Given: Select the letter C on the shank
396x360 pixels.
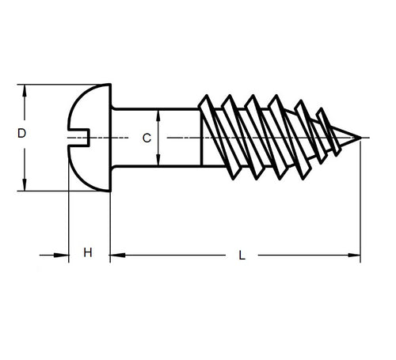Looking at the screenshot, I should coord(146,138).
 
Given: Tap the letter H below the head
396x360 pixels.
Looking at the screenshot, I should coord(88,253).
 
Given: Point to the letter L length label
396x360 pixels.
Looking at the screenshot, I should coord(242,256).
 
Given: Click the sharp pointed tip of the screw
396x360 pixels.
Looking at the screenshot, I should coord(360,139).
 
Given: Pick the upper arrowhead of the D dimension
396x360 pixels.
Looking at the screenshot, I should coord(27,89).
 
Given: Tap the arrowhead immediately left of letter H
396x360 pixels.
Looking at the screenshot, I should coord(63,256).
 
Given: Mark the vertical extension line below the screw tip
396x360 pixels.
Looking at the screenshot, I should coord(361,206).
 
